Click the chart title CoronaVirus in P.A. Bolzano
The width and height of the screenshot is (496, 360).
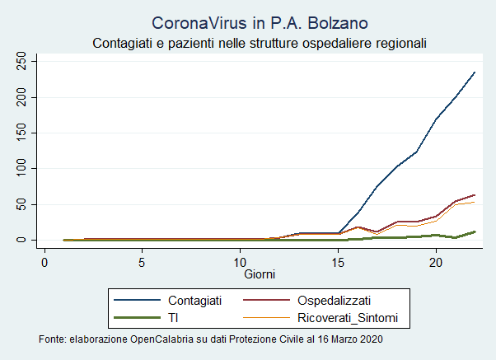pos(260,23)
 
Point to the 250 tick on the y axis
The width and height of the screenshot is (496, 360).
pos(21,62)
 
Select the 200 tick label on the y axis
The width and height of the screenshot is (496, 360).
pos(21,97)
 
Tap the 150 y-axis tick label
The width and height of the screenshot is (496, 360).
pos(21,133)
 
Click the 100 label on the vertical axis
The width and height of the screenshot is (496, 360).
pos(21,169)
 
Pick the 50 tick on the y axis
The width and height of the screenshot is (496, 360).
pos(21,204)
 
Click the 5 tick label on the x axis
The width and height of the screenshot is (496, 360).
pos(142,263)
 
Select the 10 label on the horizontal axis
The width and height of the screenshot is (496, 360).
pos(240,263)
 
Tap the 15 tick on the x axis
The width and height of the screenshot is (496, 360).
pos(338,263)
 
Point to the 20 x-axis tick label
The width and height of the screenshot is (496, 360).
pos(436,263)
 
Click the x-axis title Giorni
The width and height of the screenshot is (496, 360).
pos(260,274)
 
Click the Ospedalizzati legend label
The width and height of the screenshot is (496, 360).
pos(334,301)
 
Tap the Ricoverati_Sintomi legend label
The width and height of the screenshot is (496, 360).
pos(348,318)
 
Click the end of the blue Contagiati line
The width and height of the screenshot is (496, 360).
pos(475,72)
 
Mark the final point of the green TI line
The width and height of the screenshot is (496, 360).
pos(475,231)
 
